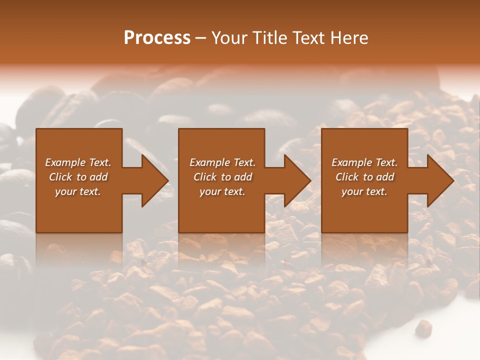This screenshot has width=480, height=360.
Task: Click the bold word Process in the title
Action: pyautogui.click(x=157, y=38)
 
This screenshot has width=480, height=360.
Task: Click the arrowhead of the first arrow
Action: pyautogui.click(x=155, y=180)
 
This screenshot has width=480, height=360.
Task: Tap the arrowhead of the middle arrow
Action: pyautogui.click(x=298, y=180)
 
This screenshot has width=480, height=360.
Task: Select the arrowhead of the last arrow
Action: pyautogui.click(x=441, y=180)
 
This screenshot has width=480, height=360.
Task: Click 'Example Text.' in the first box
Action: pyautogui.click(x=78, y=162)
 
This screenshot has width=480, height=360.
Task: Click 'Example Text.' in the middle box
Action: pyautogui.click(x=222, y=162)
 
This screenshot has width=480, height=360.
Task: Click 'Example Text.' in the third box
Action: pyautogui.click(x=364, y=162)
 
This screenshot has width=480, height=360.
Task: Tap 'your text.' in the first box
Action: pyautogui.click(x=78, y=191)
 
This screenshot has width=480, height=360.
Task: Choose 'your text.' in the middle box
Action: pyautogui.click(x=222, y=191)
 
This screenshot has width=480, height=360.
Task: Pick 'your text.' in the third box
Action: pyautogui.click(x=364, y=191)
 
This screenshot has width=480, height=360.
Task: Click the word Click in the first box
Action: pyautogui.click(x=61, y=177)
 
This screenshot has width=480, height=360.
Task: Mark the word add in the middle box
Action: pyautogui.click(x=243, y=177)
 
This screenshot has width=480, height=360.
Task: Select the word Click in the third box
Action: pyautogui.click(x=347, y=177)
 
